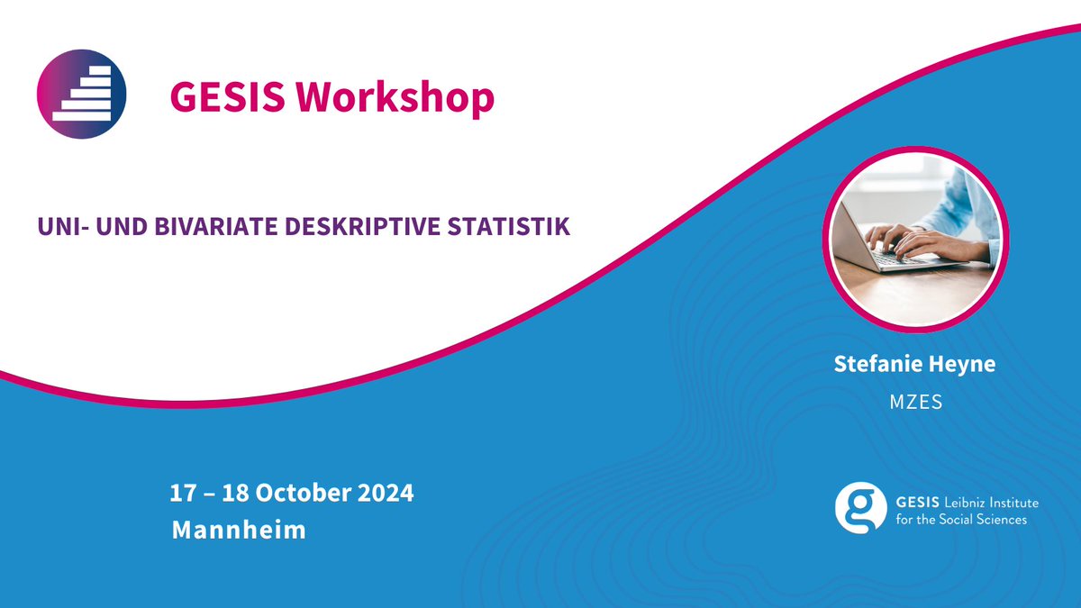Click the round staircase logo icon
tap(81, 93)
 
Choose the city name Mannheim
tap(239, 530)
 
